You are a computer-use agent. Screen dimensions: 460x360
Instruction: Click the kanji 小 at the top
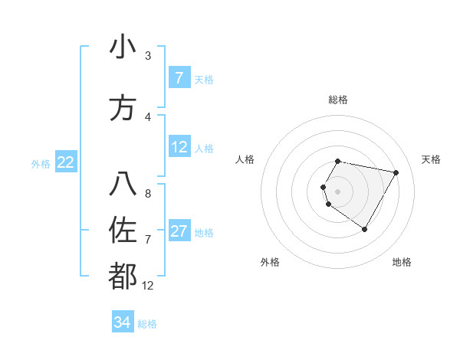click(123, 47)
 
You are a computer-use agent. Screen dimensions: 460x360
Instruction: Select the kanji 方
click(123, 108)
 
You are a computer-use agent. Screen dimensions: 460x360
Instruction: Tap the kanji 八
click(123, 184)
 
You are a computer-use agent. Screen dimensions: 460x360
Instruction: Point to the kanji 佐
click(123, 229)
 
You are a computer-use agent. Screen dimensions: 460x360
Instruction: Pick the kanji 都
click(123, 277)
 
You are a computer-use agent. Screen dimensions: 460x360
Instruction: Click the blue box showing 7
click(179, 78)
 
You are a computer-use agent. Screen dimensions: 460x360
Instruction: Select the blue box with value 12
click(179, 147)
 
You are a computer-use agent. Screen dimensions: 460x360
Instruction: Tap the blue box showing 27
click(179, 231)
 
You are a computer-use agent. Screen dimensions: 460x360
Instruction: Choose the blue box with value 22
click(66, 162)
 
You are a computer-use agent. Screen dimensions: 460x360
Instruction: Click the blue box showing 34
click(122, 322)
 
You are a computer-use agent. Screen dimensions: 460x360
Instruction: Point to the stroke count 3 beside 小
click(148, 56)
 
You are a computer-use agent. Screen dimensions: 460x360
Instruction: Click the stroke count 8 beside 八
click(148, 193)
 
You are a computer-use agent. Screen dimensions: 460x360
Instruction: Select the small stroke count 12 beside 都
click(148, 286)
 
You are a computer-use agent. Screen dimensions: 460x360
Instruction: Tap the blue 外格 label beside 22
click(40, 163)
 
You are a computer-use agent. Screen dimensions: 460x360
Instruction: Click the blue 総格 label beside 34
click(147, 324)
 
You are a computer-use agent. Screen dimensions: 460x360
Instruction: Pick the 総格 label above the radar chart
click(338, 100)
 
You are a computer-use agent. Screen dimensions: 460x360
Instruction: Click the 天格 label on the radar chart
click(432, 159)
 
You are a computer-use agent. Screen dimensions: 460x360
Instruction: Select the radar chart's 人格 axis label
click(245, 159)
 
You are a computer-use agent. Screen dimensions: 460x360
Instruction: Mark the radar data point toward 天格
click(396, 173)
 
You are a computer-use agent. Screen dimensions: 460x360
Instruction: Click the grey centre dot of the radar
click(338, 191)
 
